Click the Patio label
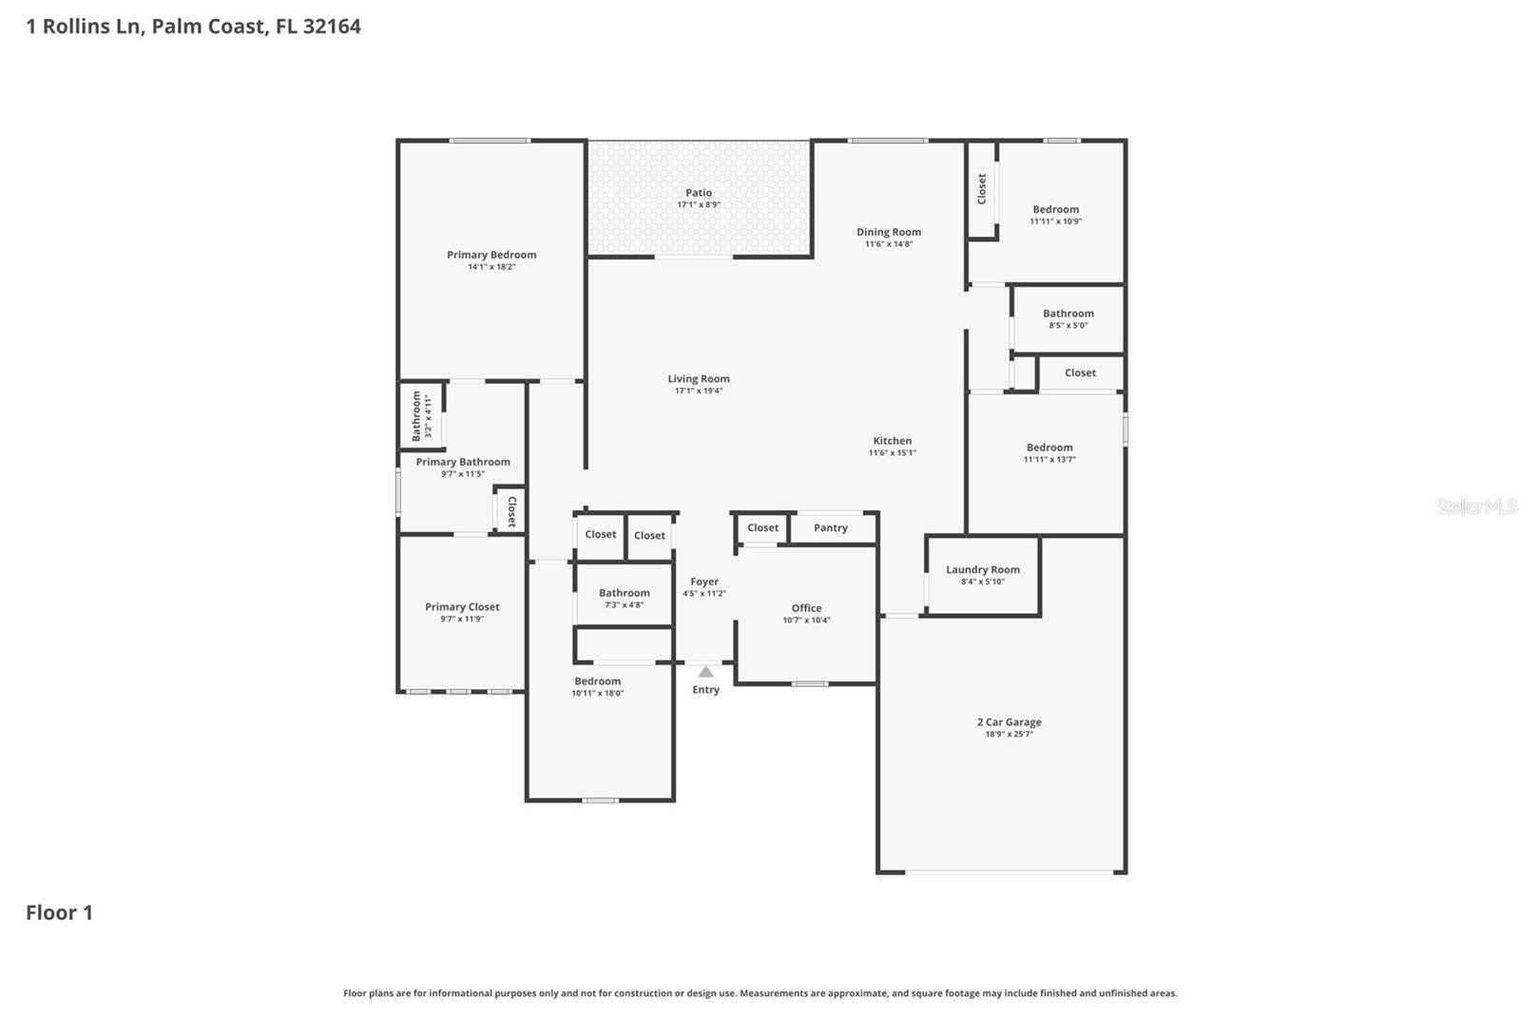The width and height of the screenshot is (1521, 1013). click(699, 193)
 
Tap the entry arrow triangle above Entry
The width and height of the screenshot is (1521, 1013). click(705, 672)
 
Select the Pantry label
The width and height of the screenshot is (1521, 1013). click(831, 528)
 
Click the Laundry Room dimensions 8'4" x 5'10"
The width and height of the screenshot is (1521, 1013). click(982, 582)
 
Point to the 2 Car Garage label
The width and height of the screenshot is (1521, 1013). click(1009, 722)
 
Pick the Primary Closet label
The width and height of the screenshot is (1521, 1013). click(462, 607)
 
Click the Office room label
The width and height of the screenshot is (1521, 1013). click(806, 608)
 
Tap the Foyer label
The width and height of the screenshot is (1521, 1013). click(704, 582)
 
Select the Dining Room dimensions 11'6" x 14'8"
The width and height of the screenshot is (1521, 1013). click(888, 244)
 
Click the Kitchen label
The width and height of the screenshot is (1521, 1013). click(892, 441)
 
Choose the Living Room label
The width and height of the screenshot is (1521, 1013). click(699, 379)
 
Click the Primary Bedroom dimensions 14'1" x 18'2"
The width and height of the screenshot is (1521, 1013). click(491, 267)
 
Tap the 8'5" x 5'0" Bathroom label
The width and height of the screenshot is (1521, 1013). click(1068, 314)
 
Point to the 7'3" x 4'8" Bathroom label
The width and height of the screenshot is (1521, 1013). click(624, 593)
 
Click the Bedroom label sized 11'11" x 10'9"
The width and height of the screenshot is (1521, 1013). click(1055, 210)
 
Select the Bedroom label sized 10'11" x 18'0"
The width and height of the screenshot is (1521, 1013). click(597, 681)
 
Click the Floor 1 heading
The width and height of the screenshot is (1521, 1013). click(59, 912)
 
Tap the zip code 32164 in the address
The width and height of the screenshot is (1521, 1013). click(332, 27)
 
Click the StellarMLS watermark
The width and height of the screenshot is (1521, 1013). click(1475, 506)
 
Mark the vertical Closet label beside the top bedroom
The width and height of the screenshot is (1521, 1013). click(982, 188)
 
